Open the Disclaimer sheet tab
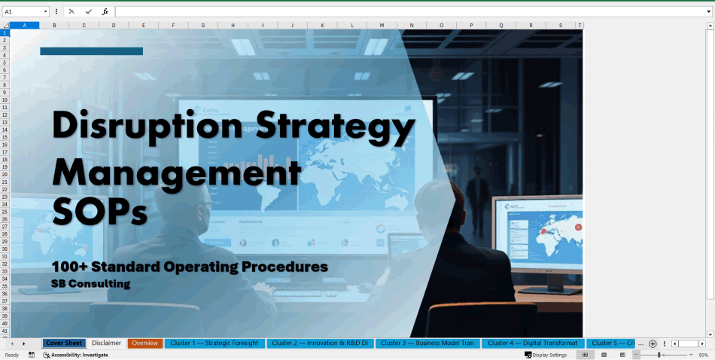pos(106,343)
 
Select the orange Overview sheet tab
pos(145,343)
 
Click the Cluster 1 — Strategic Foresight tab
pos(214,343)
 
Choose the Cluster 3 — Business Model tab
pos(427,343)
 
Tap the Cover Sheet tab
pos(64,343)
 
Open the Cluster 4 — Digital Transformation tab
pos(532,343)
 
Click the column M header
pos(382,25)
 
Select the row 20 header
pos(5,174)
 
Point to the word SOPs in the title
pos(99,209)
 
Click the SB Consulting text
pos(90,284)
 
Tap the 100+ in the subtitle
pos(68,267)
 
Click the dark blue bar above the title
pos(91,51)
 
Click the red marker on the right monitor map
pos(578,227)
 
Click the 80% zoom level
pos(703,355)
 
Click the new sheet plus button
pos(653,343)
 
